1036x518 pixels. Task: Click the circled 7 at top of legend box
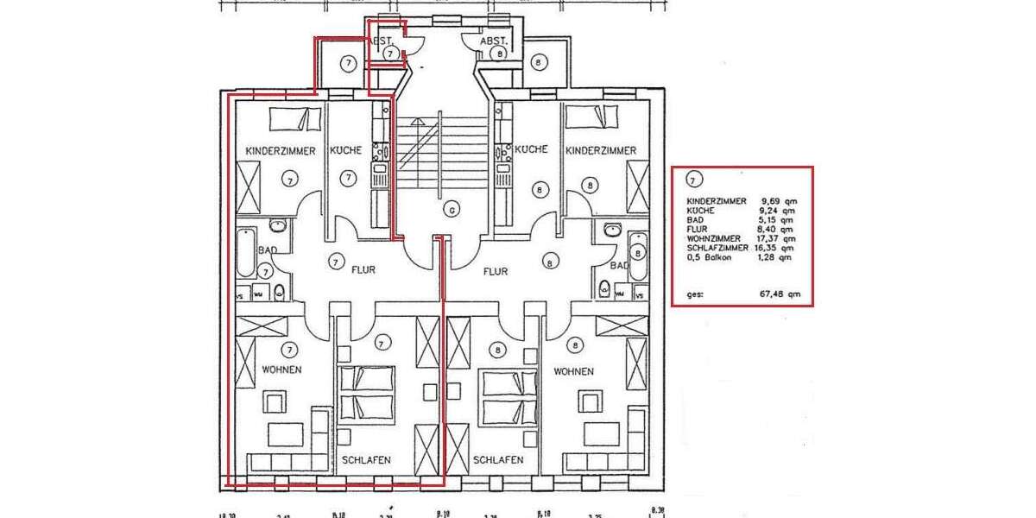click(692, 180)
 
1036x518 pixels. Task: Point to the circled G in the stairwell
click(450, 208)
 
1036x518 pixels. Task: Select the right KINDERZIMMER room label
click(601, 150)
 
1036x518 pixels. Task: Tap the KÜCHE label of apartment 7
click(346, 150)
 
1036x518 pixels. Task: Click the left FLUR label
click(363, 270)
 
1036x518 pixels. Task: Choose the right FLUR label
click(496, 270)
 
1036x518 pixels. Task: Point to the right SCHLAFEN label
click(497, 460)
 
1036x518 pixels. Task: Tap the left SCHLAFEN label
click(366, 460)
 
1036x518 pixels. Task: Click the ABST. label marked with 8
click(493, 41)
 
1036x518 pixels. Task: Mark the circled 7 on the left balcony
click(347, 62)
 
